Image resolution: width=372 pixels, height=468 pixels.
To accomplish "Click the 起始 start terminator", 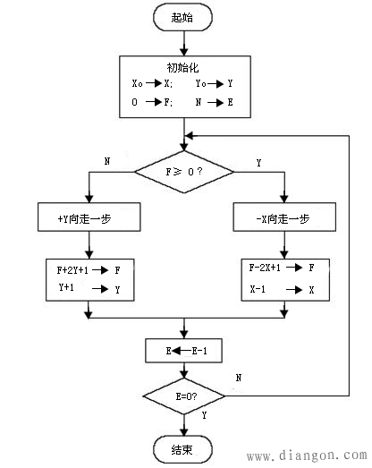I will [x=183, y=17].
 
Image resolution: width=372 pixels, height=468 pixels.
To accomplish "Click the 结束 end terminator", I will [x=183, y=447].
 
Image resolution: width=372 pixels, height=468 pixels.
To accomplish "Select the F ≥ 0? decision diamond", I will [x=183, y=170].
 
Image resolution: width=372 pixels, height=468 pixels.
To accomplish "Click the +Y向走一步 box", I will [x=88, y=217].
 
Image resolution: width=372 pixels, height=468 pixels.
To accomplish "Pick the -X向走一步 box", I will [x=283, y=217].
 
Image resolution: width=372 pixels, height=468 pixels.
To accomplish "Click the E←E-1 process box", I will [x=183, y=351].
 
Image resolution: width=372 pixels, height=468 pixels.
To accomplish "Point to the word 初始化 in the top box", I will [x=183, y=68].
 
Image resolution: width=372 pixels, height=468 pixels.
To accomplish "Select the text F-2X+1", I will [x=266, y=268].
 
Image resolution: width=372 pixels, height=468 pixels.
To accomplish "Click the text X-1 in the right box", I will [x=258, y=289].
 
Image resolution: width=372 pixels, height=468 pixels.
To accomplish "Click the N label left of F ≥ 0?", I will [x=107, y=162].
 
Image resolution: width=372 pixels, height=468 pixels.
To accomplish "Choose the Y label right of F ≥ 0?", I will [x=259, y=162].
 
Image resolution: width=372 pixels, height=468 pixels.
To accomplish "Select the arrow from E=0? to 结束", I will [x=183, y=423].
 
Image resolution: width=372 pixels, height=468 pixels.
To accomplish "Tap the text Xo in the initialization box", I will [x=137, y=83].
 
